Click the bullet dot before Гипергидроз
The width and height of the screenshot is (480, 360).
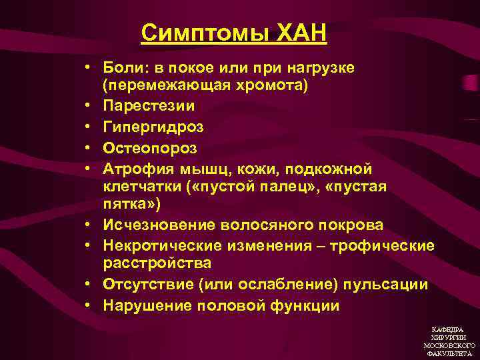coord(87,126)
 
